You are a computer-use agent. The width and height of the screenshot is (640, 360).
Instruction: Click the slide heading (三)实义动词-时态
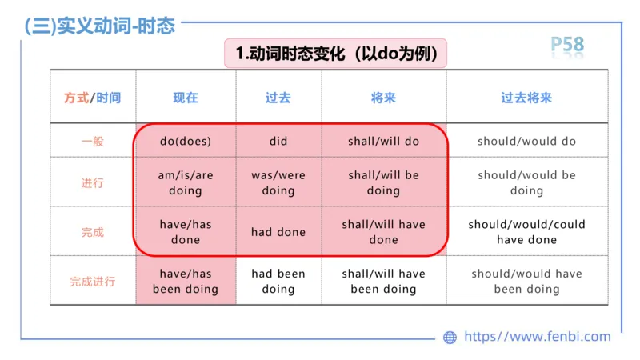coord(100,26)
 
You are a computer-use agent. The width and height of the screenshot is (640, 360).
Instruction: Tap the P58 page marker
coord(567,45)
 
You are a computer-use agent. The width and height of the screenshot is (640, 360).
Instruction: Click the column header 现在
coord(186,98)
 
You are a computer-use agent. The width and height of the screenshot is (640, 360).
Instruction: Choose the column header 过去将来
coord(526,98)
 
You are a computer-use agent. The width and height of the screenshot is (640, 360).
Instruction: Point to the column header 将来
coord(383,98)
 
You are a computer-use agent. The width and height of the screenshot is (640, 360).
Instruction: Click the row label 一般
coord(93,142)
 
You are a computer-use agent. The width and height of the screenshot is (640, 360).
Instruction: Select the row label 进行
coord(93,183)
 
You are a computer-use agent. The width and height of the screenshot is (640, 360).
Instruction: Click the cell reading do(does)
coord(186,142)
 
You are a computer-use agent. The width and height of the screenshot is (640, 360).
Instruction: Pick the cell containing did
coord(278,142)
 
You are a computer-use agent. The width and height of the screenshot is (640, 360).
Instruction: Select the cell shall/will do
coord(383,142)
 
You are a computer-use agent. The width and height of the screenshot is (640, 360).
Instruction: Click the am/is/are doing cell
coord(186,183)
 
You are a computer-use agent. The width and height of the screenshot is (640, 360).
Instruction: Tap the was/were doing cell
coord(278,183)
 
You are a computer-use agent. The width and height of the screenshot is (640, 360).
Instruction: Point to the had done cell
coord(278,232)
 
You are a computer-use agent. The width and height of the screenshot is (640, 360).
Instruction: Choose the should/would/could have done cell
coord(526,232)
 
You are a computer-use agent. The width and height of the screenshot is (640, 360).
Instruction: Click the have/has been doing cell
coord(186,282)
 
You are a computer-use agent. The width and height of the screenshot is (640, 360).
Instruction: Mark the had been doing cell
coord(278,282)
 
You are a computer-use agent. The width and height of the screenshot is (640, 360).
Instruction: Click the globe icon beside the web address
coord(450,338)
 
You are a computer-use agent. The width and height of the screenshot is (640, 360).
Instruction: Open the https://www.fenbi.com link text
coord(538,337)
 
